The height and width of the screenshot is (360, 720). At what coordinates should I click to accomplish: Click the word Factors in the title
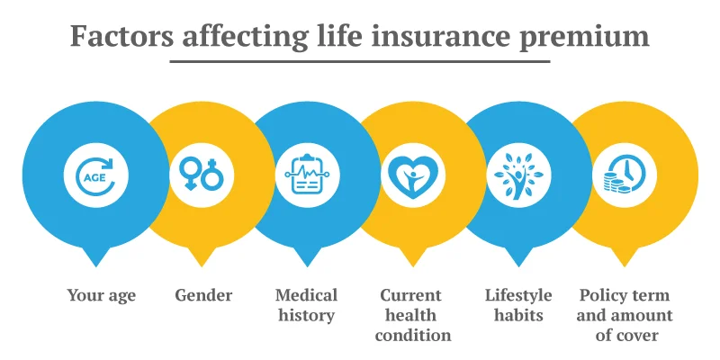(x=122, y=37)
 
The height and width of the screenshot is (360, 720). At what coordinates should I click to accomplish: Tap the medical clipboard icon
(x=307, y=175)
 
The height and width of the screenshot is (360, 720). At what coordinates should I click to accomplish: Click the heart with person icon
(x=412, y=175)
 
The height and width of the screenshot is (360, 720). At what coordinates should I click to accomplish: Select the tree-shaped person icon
(x=518, y=175)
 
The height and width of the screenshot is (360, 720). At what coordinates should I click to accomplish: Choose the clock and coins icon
(x=624, y=175)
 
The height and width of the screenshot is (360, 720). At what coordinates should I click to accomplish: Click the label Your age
(x=101, y=295)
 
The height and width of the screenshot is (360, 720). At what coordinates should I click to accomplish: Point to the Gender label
(x=203, y=295)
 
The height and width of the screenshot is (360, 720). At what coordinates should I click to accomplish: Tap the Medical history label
(x=307, y=305)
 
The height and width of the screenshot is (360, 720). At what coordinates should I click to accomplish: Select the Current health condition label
(x=413, y=315)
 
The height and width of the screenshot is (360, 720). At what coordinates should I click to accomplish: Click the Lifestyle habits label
(x=518, y=305)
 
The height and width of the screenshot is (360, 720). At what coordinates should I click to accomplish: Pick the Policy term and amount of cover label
(x=625, y=315)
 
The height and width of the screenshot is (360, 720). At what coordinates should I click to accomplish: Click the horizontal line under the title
(x=360, y=61)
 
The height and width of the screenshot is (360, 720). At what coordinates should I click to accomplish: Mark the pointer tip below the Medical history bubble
(x=307, y=264)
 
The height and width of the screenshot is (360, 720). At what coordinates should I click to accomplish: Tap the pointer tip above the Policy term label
(x=624, y=264)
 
